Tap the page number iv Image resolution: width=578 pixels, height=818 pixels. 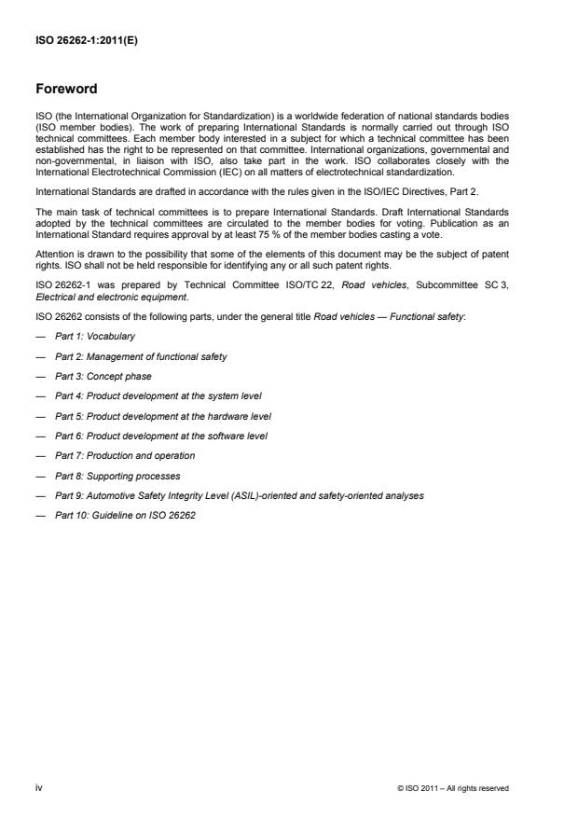(x=40, y=787)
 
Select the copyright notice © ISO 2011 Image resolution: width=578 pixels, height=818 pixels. (x=453, y=788)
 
